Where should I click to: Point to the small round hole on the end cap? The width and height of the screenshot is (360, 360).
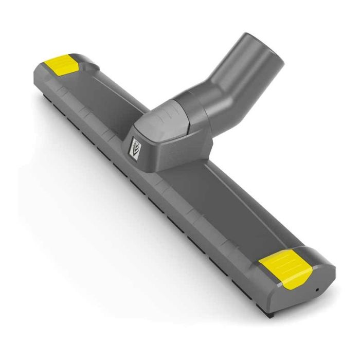point(317,289)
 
